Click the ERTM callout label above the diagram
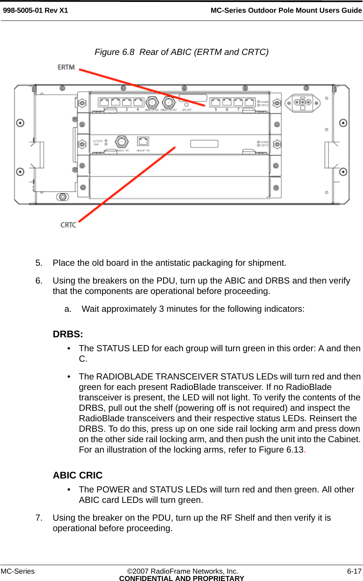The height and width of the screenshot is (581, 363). click(x=66, y=67)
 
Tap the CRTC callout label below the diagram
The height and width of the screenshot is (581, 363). click(x=68, y=225)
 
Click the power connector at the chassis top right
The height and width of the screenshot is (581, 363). click(x=303, y=103)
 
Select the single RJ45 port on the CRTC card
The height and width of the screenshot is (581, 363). click(x=143, y=141)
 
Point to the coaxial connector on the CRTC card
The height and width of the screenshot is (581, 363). click(x=122, y=142)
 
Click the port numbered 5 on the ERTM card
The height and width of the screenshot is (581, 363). click(x=216, y=102)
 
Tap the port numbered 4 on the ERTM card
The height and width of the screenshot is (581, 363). click(x=138, y=102)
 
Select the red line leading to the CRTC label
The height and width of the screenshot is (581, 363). click(x=128, y=184)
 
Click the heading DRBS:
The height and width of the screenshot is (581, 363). click(x=68, y=334)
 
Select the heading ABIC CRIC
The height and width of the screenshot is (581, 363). click(x=78, y=475)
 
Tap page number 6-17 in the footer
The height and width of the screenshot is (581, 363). click(x=354, y=571)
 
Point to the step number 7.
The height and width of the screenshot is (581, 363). click(x=39, y=518)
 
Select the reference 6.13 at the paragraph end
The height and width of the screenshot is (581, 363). click(x=295, y=450)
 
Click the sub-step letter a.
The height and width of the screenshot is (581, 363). click(x=68, y=309)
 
